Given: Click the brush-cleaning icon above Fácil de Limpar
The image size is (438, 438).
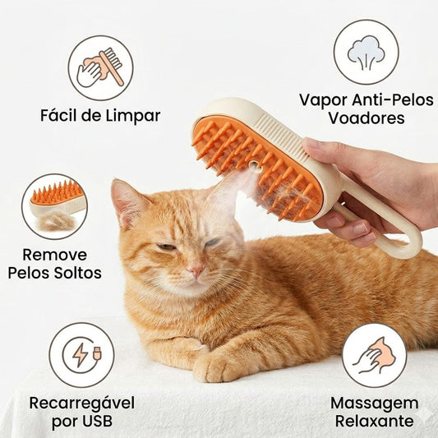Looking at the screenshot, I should click(x=100, y=67).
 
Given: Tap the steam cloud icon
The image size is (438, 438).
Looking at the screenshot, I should click(x=366, y=52).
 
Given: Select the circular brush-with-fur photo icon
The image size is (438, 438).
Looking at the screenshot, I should click(x=54, y=206).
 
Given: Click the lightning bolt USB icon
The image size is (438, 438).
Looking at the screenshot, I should click(x=81, y=354).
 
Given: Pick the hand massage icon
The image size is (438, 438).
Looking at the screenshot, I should click(x=374, y=355).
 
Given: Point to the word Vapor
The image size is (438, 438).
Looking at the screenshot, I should click(x=322, y=99).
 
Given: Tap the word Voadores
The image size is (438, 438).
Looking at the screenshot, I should click(x=366, y=118).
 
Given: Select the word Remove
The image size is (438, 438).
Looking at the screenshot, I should click(x=54, y=254).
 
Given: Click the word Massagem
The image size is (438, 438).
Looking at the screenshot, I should click(x=374, y=403).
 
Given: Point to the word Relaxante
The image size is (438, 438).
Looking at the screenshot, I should click(x=374, y=422).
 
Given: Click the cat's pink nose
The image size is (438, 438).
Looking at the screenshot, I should click(x=196, y=270).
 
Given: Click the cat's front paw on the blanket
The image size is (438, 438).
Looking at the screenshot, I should click(x=215, y=367).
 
